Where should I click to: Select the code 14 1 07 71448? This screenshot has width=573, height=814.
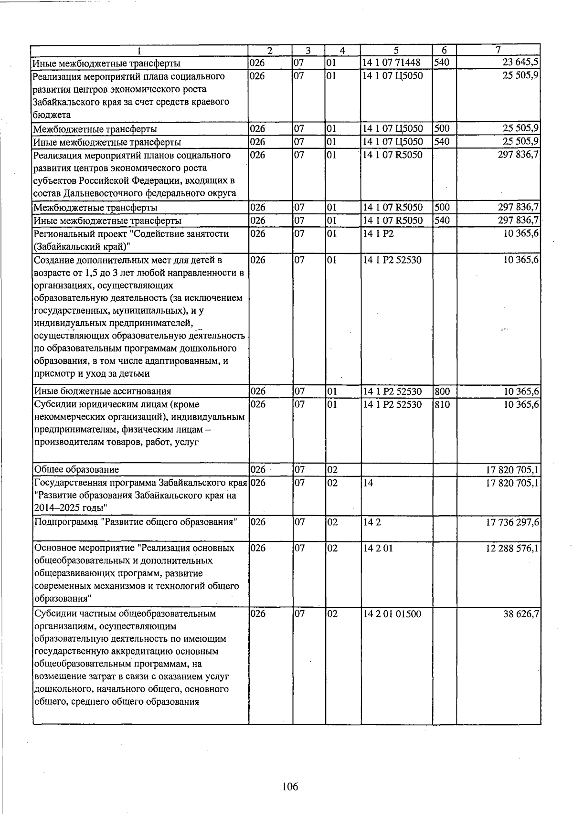coord(392,63)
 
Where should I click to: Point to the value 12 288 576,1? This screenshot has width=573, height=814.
coord(512,548)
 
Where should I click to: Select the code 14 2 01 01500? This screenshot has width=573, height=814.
coord(392,613)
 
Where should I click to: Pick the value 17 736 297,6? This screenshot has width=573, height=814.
coord(512,522)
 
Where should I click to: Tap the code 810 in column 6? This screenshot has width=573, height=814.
coord(442,404)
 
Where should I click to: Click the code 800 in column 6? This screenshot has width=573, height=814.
coord(442,391)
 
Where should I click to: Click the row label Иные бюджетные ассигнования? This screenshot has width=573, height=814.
coord(102,391)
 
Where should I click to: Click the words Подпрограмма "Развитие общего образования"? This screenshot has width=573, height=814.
coord(136,522)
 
